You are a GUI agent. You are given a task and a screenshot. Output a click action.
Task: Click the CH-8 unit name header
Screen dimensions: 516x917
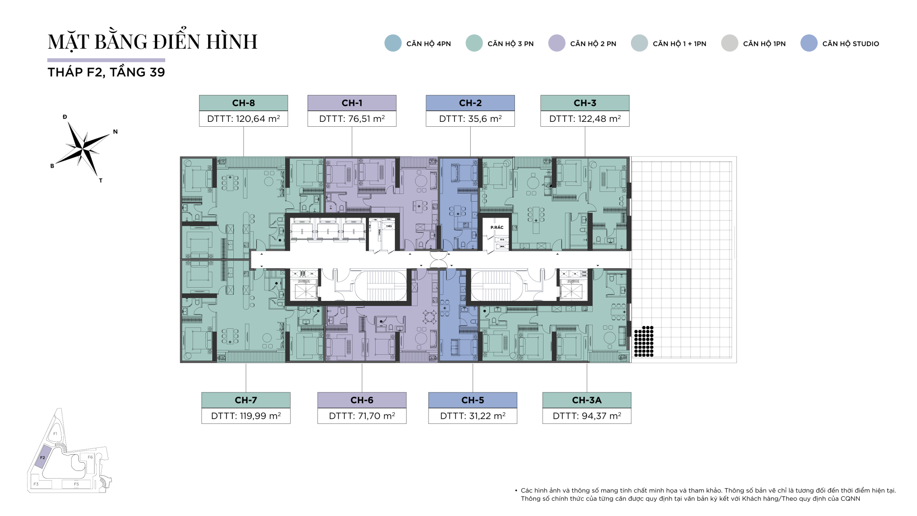pyautogui.click(x=243, y=103)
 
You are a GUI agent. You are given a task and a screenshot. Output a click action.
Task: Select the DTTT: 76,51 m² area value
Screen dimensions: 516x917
pyautogui.click(x=351, y=119)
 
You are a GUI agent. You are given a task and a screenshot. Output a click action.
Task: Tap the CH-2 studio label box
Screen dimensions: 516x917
pyautogui.click(x=470, y=103)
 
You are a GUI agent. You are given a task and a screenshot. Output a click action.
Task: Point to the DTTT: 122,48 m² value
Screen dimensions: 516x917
pyautogui.click(x=585, y=119)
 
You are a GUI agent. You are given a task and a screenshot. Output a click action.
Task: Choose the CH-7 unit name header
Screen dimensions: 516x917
pyautogui.click(x=246, y=400)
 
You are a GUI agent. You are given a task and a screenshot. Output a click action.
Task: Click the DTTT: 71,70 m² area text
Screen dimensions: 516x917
pyautogui.click(x=362, y=416)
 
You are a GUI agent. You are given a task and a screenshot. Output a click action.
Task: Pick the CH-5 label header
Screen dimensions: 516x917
pyautogui.click(x=472, y=400)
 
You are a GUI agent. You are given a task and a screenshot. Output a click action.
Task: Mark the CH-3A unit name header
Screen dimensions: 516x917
pyautogui.click(x=587, y=400)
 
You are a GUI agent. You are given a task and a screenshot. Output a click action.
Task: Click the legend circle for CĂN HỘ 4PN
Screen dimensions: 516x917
pyautogui.click(x=393, y=43)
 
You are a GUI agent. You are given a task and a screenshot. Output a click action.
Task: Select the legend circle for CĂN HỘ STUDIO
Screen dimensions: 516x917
pyautogui.click(x=809, y=43)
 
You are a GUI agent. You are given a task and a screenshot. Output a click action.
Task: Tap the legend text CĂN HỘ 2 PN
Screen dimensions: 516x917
pyautogui.click(x=593, y=44)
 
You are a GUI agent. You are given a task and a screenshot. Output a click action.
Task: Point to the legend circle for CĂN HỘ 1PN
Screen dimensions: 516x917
pyautogui.click(x=729, y=43)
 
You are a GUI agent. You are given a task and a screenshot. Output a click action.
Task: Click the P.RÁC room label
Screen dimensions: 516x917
pyautogui.click(x=497, y=228)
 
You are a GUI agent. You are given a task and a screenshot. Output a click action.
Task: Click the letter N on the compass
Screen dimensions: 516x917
pyautogui.click(x=116, y=132)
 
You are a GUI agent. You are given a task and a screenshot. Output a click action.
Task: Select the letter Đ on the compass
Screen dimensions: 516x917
pyautogui.click(x=65, y=117)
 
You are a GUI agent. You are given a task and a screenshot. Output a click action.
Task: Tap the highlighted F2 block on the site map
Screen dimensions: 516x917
pyautogui.click(x=42, y=457)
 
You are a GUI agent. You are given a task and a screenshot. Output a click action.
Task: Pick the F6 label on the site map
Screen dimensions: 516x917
pyautogui.click(x=90, y=457)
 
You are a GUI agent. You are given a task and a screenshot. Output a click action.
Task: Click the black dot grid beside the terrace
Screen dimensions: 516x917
pyautogui.click(x=644, y=341)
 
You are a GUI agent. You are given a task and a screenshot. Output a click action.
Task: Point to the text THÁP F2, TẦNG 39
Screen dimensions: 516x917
pyautogui.click(x=106, y=72)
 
